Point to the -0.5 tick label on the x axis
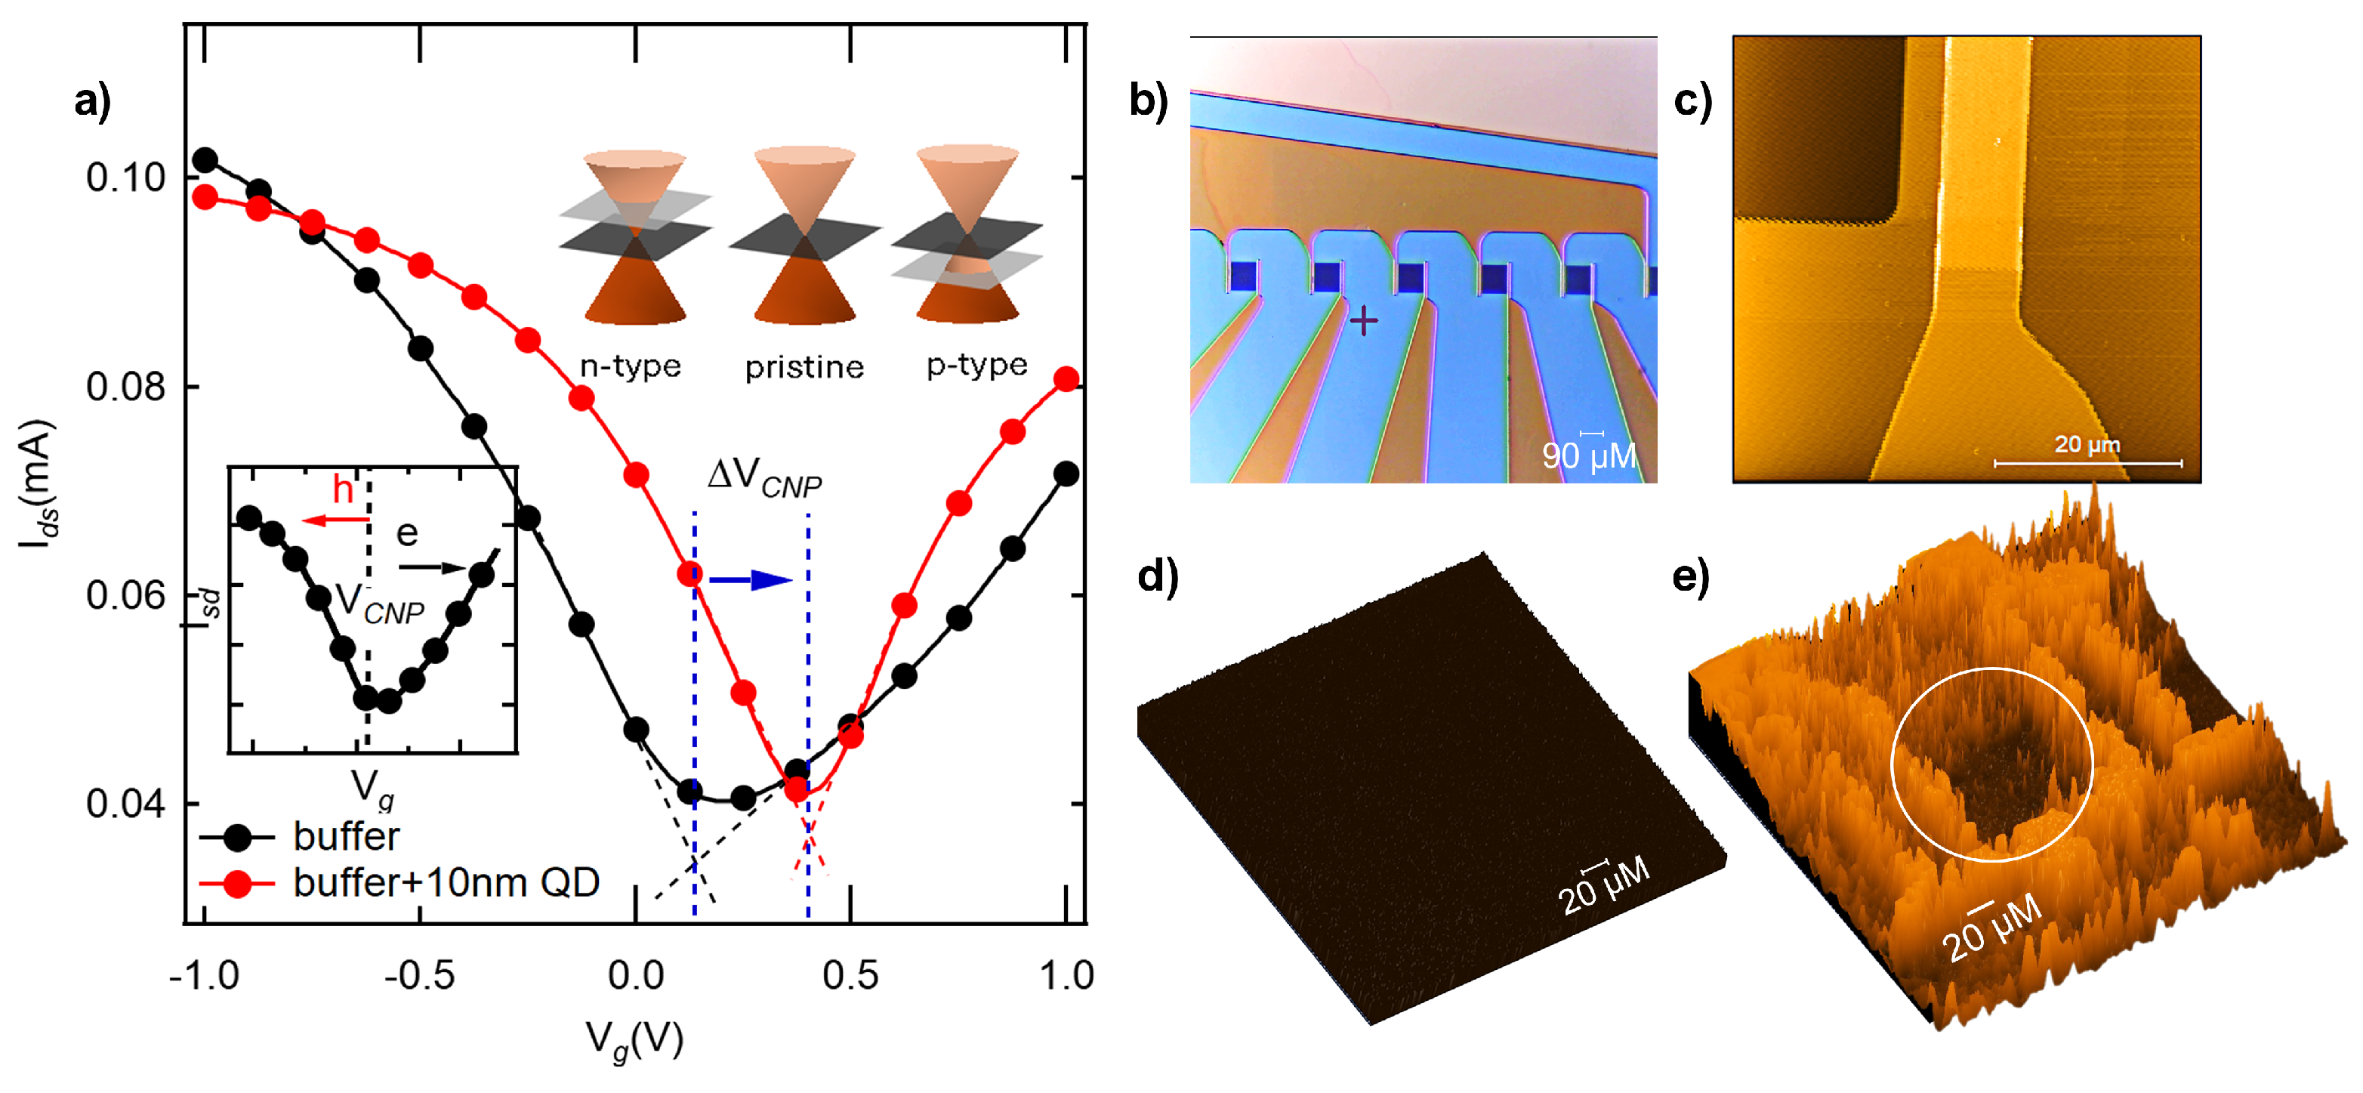(419, 974)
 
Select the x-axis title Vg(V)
(635, 1041)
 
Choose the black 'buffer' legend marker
(238, 837)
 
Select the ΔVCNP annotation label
(764, 477)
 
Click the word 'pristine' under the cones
(804, 367)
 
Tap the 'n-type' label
(630, 366)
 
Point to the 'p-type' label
(976, 366)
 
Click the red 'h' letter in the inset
(343, 490)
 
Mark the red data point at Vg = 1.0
(1066, 379)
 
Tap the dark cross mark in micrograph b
(1363, 321)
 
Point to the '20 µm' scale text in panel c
(2086, 445)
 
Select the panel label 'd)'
(1158, 576)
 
